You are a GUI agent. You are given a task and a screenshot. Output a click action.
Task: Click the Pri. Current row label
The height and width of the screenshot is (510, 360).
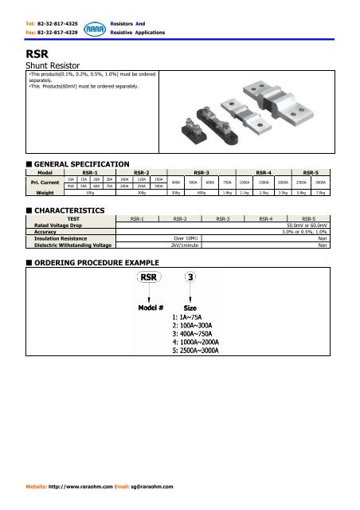coord(40,182)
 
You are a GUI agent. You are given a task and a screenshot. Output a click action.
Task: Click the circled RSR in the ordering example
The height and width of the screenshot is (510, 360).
coord(149,278)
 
